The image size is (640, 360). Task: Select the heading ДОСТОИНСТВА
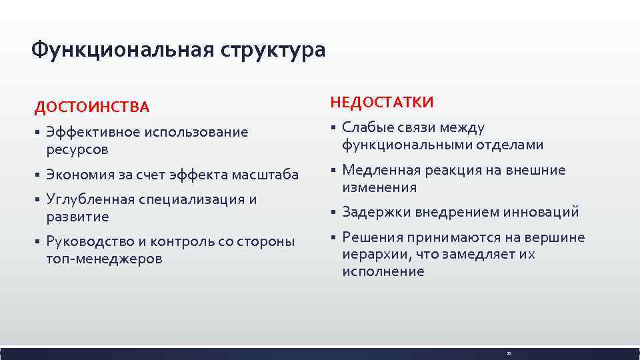tap(92, 107)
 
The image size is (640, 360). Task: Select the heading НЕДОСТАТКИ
tap(382, 102)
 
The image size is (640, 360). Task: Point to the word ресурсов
tap(77, 149)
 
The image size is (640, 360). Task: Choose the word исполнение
tap(383, 272)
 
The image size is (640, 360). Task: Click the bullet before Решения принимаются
tap(332, 238)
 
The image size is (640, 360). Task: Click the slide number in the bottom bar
tap(508, 353)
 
